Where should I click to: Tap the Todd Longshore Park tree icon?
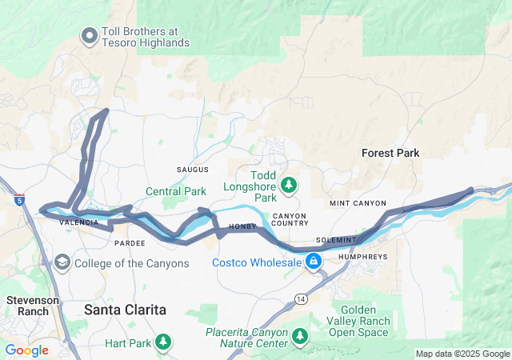point(289,186)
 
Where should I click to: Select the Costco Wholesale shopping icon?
point(314,262)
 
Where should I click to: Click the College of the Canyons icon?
point(62,262)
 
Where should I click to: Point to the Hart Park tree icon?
point(163,343)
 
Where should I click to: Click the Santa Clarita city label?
point(126,309)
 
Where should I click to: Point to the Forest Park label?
point(390,153)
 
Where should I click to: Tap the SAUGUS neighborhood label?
point(192,170)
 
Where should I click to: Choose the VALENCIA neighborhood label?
point(78,222)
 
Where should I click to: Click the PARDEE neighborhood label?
point(130,242)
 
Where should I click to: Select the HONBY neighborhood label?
point(242,227)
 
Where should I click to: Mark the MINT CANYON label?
point(358,204)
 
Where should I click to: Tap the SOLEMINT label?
point(335,240)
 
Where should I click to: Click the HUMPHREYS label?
point(362,257)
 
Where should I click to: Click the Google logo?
point(26,350)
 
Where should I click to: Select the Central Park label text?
point(175,191)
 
